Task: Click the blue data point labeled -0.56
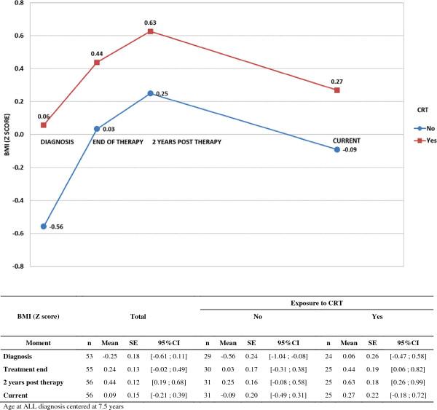point(44,226)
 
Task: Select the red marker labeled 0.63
point(151,31)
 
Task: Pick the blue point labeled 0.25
point(151,93)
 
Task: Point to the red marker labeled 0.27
point(336,90)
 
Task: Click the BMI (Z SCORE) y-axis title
point(6,135)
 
